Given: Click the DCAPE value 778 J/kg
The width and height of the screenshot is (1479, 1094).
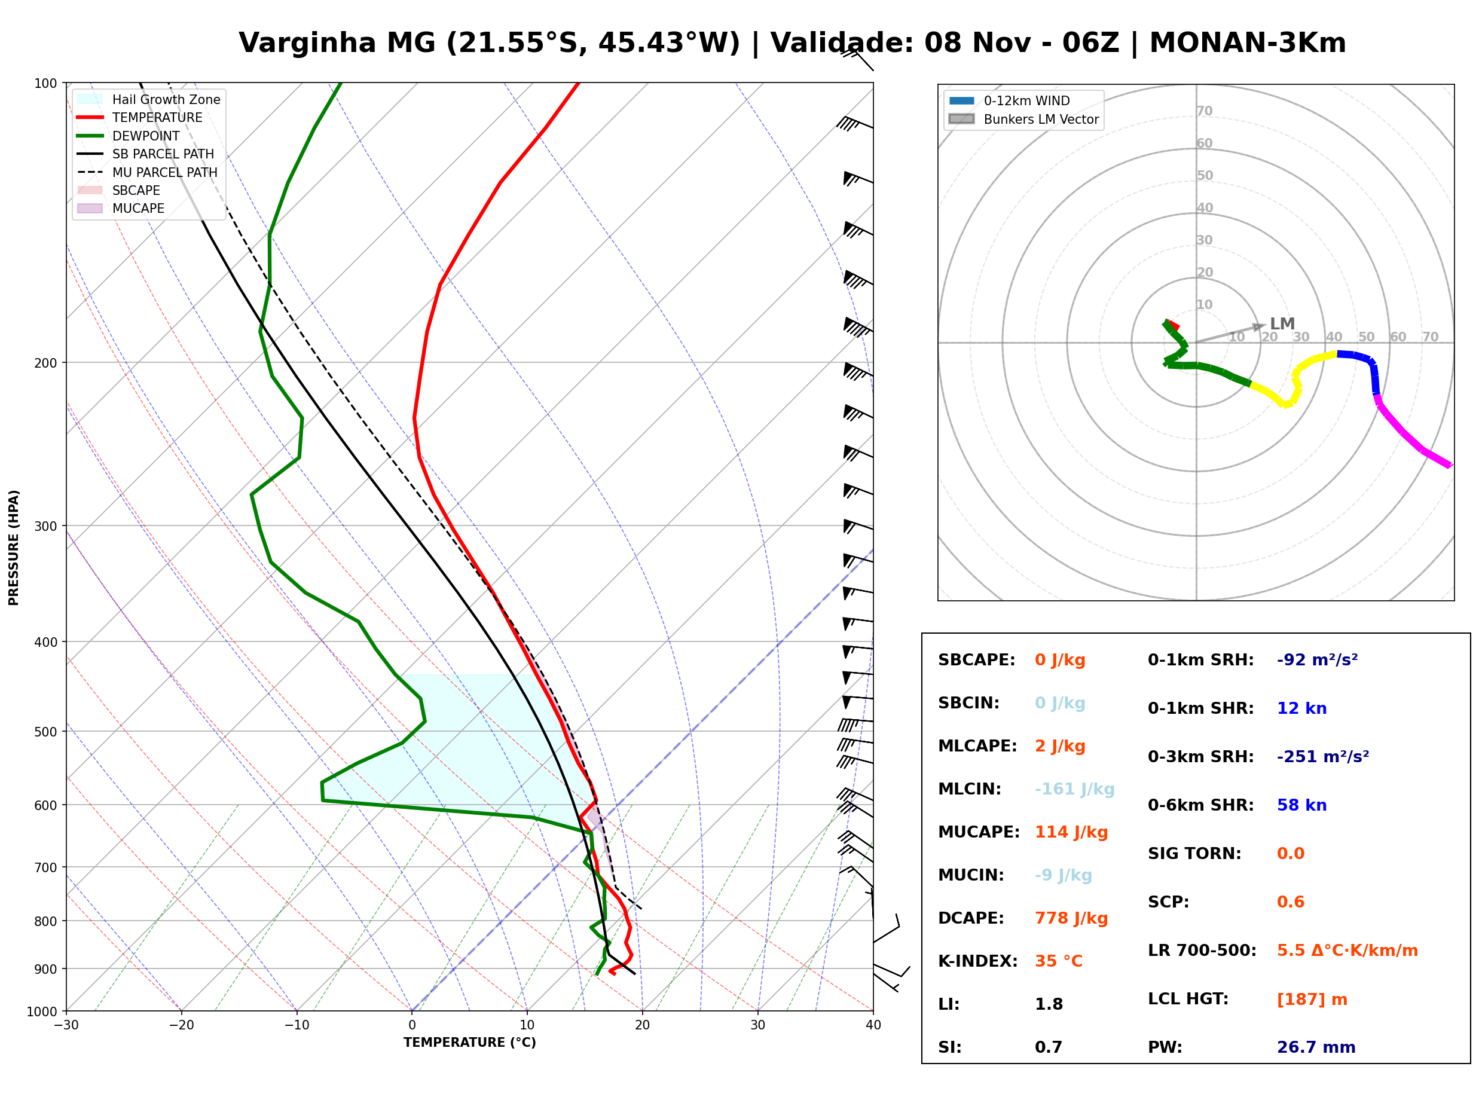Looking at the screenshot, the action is (1071, 918).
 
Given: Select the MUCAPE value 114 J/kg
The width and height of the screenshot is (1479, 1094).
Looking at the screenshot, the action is (1071, 832).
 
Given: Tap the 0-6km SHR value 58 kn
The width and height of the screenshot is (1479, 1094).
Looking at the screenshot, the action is (1301, 805).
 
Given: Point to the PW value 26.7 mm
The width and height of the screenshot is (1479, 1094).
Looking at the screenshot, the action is (1316, 1047).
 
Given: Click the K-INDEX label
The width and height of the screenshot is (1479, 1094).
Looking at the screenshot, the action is (978, 961).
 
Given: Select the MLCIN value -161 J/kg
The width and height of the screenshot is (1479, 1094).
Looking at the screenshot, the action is (1074, 789).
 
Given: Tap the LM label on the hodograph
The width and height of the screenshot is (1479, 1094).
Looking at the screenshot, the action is (1282, 324).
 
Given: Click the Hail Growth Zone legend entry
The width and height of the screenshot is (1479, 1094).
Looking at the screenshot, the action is (149, 99).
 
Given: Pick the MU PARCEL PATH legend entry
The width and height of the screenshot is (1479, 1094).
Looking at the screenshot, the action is (147, 172).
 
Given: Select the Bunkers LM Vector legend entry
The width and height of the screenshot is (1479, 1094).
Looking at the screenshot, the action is (1023, 119).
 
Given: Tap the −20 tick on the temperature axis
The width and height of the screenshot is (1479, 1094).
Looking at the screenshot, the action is (181, 1025).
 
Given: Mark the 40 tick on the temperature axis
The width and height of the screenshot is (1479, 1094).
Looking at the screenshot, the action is (873, 1025).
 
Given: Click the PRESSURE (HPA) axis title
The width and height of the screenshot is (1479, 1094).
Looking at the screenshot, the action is (14, 548).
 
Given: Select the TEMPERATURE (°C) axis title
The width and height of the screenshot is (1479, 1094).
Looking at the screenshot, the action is (469, 1043).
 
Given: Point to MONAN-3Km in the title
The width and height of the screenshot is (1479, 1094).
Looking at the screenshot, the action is (1247, 43).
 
